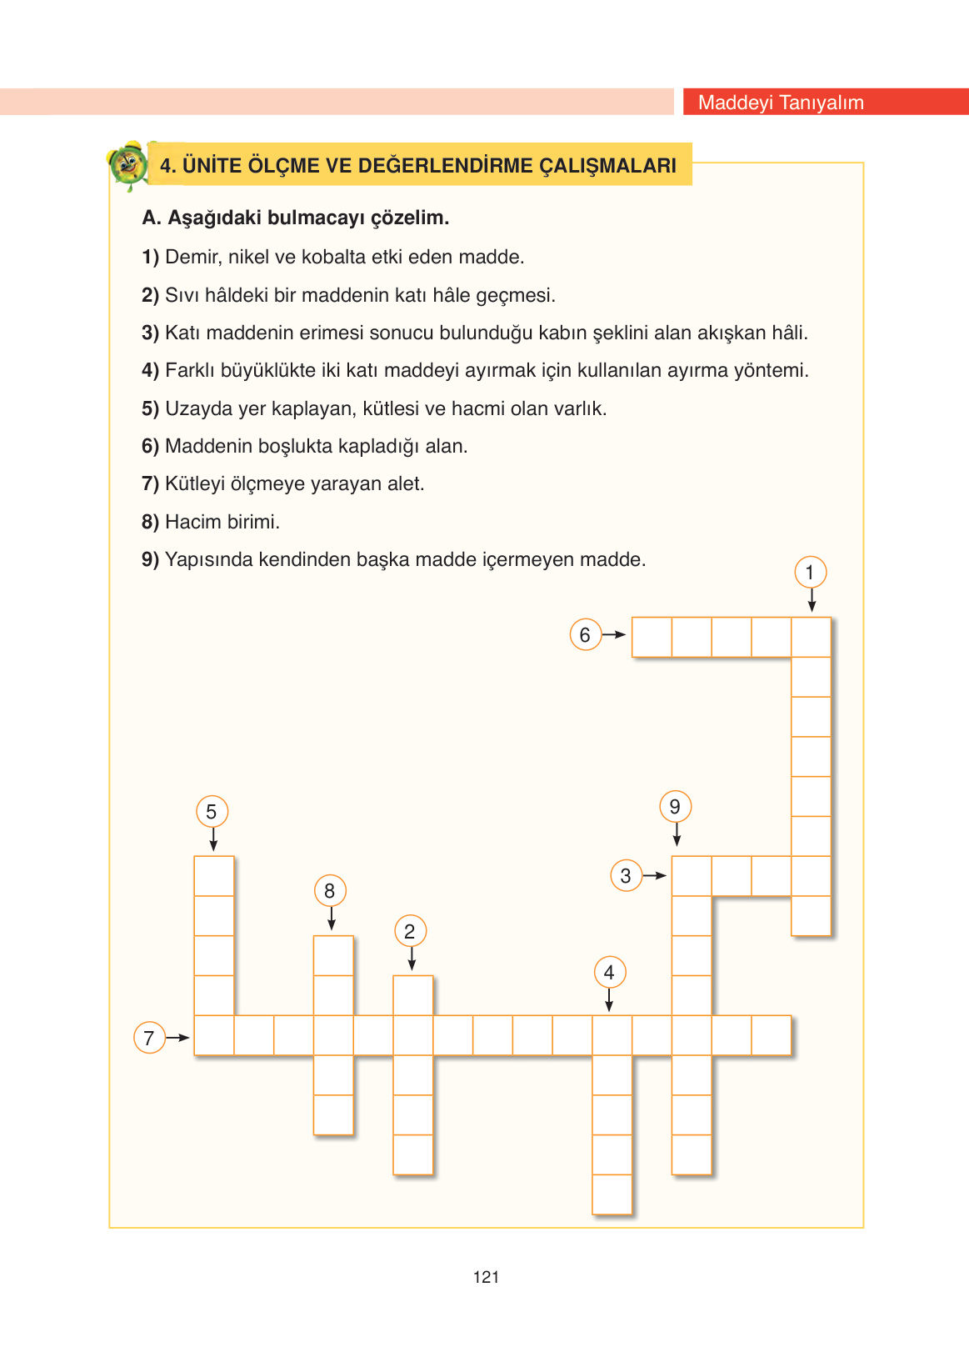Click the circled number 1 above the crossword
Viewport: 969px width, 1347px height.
point(810,573)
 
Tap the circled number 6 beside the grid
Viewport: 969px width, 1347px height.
point(585,635)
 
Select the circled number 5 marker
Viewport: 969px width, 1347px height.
point(212,812)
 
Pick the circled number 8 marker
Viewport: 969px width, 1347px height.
point(330,891)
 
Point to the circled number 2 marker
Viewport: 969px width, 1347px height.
point(410,932)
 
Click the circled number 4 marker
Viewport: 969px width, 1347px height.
point(609,973)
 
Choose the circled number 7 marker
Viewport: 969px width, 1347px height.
point(149,1039)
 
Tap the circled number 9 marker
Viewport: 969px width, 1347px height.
point(675,807)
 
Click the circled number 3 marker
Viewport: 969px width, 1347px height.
point(626,876)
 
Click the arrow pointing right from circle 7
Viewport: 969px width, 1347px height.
point(177,1038)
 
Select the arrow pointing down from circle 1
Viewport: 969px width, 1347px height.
point(812,600)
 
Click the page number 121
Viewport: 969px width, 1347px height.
point(486,1277)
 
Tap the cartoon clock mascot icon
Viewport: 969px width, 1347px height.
point(128,164)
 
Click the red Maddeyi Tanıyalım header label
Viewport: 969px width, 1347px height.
point(781,103)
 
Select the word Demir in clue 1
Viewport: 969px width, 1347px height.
point(192,257)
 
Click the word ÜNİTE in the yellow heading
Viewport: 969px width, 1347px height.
point(212,165)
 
